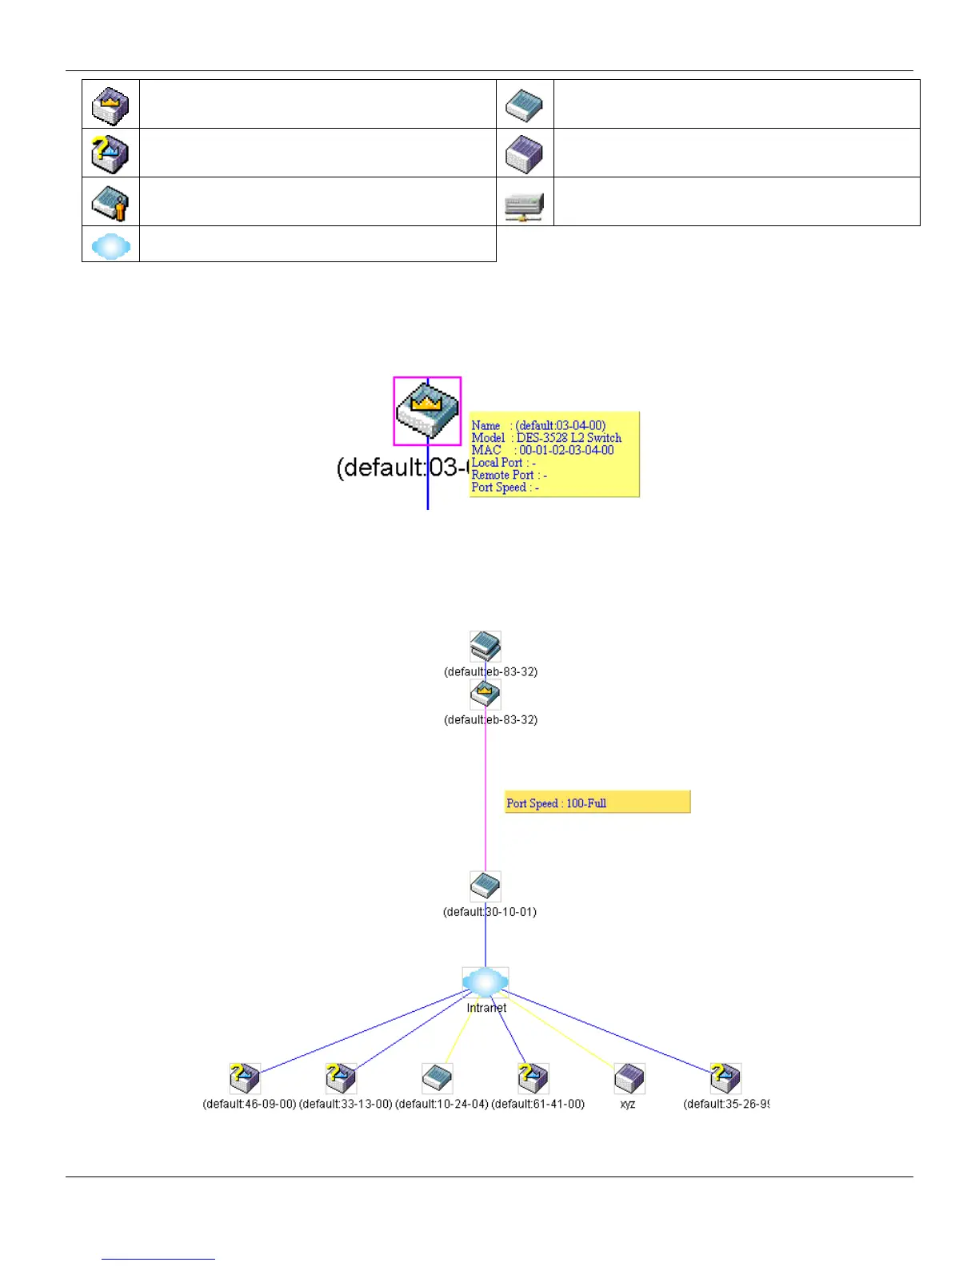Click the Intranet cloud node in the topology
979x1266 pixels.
coord(486,981)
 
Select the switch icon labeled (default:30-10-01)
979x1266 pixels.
coord(486,886)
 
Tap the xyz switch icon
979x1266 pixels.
coord(629,1078)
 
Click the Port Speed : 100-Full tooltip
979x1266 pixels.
coord(597,802)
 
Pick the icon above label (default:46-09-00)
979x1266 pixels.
coord(245,1078)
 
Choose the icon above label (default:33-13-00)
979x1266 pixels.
coord(341,1078)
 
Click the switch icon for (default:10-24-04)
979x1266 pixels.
coord(438,1078)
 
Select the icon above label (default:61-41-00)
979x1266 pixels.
coord(533,1078)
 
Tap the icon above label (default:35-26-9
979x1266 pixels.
coord(725,1078)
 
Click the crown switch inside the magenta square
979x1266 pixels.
coord(427,410)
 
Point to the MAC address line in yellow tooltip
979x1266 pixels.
coord(543,451)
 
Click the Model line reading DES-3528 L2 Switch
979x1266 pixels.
coord(546,438)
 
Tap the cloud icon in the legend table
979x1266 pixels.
coord(111,246)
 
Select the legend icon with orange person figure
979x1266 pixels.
coord(110,202)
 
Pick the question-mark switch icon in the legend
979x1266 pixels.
coord(110,153)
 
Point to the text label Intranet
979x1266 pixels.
coord(486,1008)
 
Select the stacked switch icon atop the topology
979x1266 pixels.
coord(486,646)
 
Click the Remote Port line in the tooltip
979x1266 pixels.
coord(509,475)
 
